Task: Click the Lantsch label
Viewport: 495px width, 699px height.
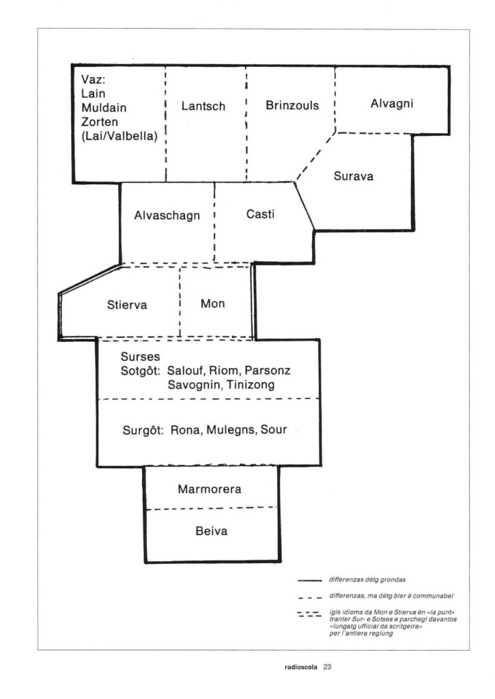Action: [203, 106]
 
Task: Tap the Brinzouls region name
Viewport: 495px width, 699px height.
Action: [292, 105]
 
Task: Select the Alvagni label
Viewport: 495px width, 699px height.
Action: [391, 104]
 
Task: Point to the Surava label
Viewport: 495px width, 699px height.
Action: [353, 176]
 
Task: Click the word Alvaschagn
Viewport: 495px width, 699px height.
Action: [167, 216]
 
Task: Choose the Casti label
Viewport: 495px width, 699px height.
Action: [260, 214]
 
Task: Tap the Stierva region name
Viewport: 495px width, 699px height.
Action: [126, 305]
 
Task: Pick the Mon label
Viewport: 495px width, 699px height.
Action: [213, 304]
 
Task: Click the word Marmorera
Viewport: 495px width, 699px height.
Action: [209, 489]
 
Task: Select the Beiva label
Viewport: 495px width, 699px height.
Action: [212, 531]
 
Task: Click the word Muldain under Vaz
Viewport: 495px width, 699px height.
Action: [104, 108]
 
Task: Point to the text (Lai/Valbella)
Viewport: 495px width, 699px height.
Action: [119, 137]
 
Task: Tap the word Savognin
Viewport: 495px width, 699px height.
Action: [194, 385]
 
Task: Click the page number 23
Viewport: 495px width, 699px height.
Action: [327, 667]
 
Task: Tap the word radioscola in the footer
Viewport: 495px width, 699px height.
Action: [300, 668]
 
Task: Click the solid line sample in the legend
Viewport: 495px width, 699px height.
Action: [309, 581]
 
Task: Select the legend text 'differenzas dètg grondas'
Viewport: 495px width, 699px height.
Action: [367, 580]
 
